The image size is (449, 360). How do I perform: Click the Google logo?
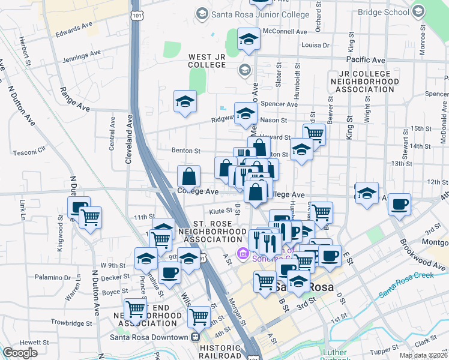pos(20,353)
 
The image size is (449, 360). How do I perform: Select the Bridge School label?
pos(385,11)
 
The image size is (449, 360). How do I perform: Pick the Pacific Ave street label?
pos(366,60)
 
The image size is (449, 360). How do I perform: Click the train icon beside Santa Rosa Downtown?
pos(195,337)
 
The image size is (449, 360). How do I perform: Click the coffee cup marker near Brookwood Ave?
pos(399,205)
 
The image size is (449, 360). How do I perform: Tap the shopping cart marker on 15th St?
pos(314,133)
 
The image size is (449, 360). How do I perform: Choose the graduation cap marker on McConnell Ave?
pos(249,40)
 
